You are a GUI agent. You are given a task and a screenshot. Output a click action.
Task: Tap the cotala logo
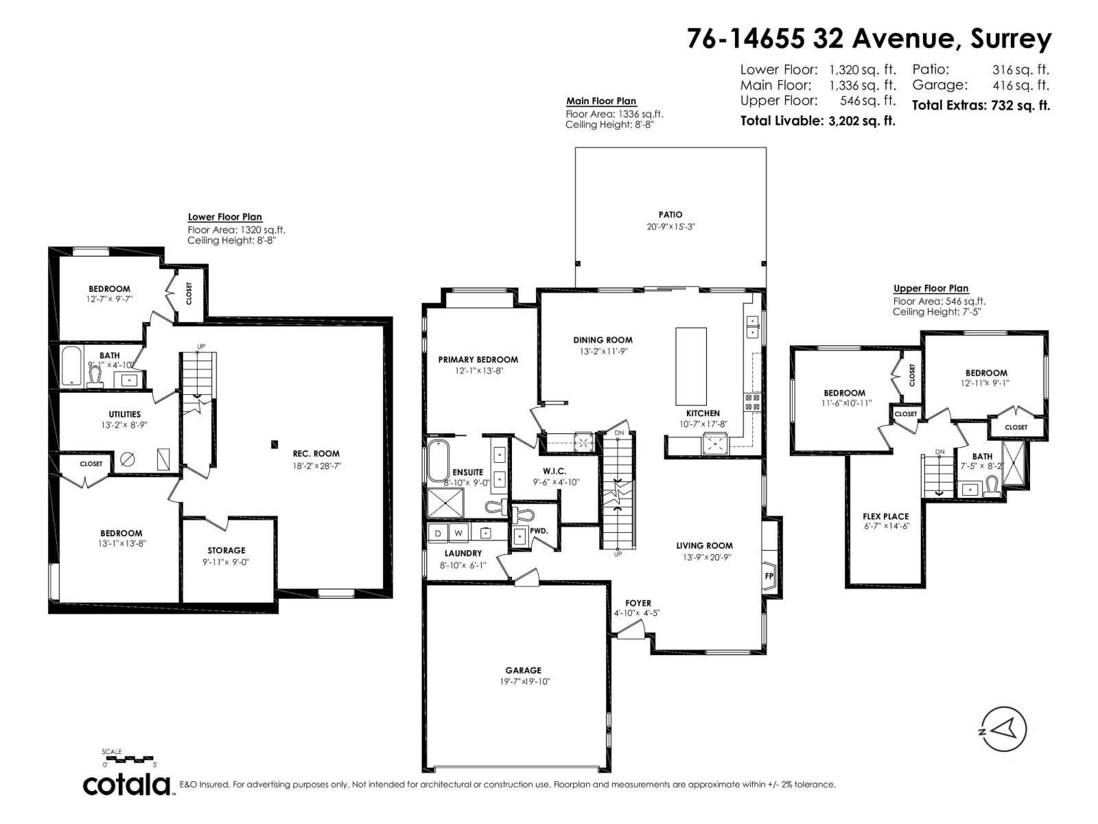tap(128, 783)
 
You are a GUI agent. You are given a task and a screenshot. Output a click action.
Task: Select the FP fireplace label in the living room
tap(769, 575)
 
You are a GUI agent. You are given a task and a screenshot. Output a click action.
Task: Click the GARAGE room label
tap(524, 670)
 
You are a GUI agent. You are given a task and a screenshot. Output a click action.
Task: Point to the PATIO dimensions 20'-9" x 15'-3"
tap(671, 227)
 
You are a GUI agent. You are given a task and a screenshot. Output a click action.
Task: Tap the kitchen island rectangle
tap(690, 366)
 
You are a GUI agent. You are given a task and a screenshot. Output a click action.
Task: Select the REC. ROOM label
tap(316, 453)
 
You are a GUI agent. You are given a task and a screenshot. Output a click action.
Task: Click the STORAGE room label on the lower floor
tap(226, 550)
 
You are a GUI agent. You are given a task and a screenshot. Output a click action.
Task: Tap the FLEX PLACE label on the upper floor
tap(885, 516)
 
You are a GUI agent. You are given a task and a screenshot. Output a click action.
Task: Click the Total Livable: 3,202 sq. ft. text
tap(817, 121)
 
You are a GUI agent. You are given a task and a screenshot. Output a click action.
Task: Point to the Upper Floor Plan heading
tap(931, 288)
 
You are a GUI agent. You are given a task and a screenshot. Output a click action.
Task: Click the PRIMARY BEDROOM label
tap(478, 359)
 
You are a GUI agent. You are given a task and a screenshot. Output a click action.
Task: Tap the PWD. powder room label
tap(538, 530)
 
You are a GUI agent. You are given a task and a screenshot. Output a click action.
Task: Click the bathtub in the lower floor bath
tap(71, 366)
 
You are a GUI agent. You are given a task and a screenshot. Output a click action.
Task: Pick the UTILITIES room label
tap(124, 414)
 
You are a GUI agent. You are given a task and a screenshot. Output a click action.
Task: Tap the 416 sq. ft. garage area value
tap(1020, 85)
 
